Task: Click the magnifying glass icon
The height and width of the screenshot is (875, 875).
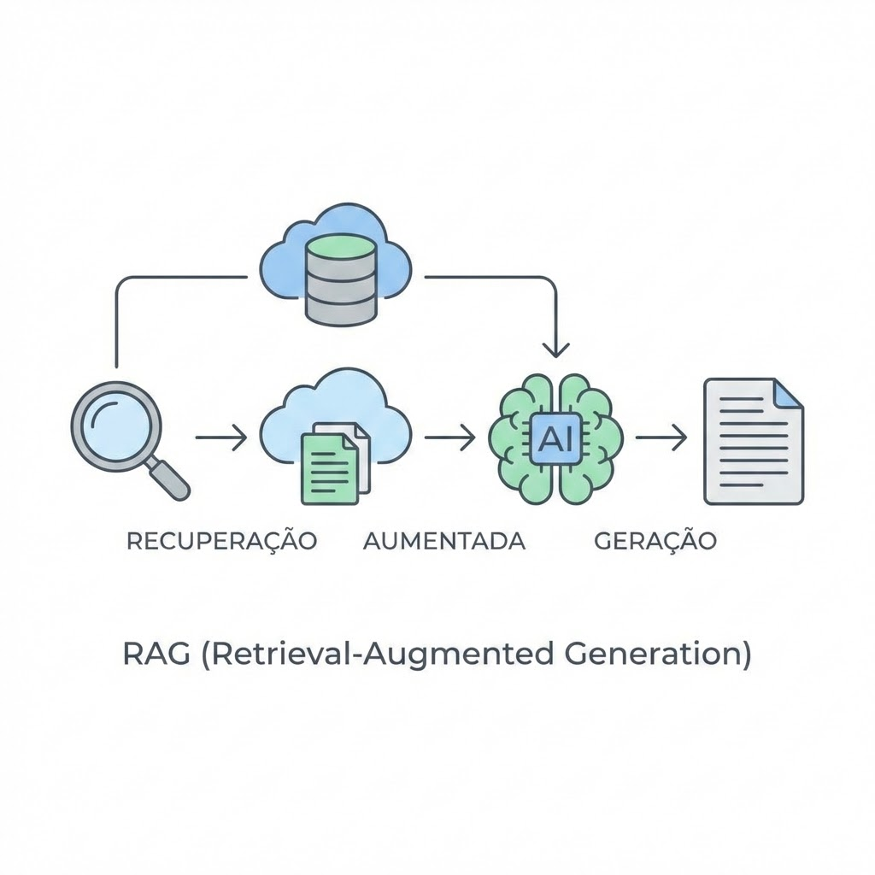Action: [120, 432]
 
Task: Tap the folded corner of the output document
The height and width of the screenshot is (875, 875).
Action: [788, 394]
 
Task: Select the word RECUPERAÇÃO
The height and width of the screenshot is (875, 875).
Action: [221, 541]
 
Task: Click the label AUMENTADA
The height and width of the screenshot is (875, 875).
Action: [444, 541]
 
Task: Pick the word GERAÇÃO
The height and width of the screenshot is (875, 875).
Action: [655, 541]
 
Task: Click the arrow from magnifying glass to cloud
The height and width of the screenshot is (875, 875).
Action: [221, 438]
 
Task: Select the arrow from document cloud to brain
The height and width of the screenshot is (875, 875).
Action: [449, 438]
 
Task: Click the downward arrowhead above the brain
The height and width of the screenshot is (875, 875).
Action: [556, 349]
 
